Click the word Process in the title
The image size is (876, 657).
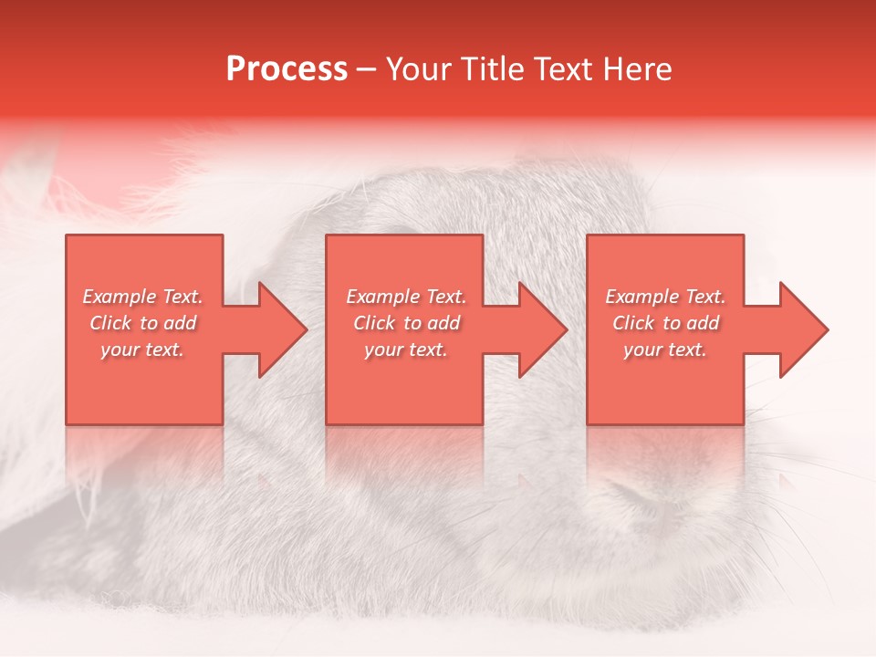click(287, 69)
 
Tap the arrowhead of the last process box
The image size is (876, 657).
click(802, 329)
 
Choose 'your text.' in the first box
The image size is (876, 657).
click(142, 349)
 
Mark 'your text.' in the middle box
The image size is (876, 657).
click(405, 349)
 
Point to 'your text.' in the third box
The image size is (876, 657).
click(664, 349)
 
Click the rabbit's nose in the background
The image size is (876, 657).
click(639, 497)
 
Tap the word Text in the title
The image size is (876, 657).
click(559, 69)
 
